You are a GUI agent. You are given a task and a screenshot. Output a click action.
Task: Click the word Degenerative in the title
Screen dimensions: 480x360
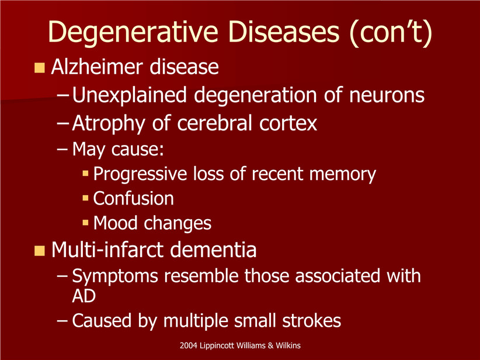point(133,33)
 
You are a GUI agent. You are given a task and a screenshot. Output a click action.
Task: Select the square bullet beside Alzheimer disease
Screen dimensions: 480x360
point(40,68)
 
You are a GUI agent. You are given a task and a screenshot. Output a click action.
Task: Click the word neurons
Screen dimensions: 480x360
point(387,96)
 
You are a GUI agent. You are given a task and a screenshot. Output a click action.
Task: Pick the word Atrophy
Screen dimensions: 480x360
point(109,124)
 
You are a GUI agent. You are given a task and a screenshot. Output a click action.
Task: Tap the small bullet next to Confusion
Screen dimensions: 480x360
point(85,198)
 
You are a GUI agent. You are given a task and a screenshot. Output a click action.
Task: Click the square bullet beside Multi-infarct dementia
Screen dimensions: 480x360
point(40,251)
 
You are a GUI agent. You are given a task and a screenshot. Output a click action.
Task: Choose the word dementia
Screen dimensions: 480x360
point(213,250)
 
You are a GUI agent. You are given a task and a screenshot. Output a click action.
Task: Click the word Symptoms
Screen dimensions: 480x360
point(115,276)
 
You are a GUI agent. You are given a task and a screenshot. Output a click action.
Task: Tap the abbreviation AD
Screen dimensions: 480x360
point(84,296)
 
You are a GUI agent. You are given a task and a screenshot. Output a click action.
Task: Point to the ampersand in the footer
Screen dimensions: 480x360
point(270,345)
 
